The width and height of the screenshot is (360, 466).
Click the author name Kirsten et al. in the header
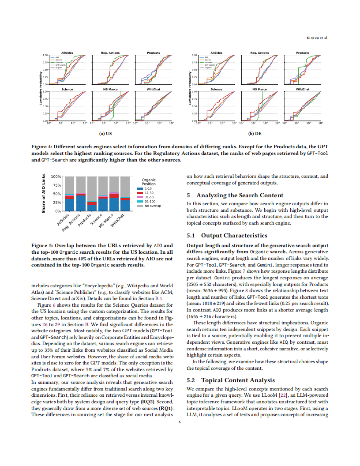coord(317,38)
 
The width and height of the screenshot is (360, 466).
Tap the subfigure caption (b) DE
coord(255,133)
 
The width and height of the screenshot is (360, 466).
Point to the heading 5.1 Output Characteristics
coord(227,235)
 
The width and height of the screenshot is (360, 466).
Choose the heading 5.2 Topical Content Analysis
coord(231,380)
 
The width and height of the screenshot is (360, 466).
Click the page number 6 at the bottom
coord(180,422)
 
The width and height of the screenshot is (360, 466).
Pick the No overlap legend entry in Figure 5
coord(152,206)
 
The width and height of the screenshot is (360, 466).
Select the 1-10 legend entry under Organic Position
coord(148,188)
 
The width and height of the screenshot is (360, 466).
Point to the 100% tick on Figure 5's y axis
coord(56,177)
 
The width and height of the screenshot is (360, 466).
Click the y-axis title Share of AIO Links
coord(44,194)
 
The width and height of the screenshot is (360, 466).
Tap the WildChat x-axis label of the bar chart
coord(118,220)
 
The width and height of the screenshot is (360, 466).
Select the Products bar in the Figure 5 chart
coord(92,193)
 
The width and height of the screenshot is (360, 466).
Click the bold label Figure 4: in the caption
coord(42,146)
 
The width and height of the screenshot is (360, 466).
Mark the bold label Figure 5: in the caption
coord(42,245)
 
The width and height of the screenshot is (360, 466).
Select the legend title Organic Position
coord(149,182)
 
